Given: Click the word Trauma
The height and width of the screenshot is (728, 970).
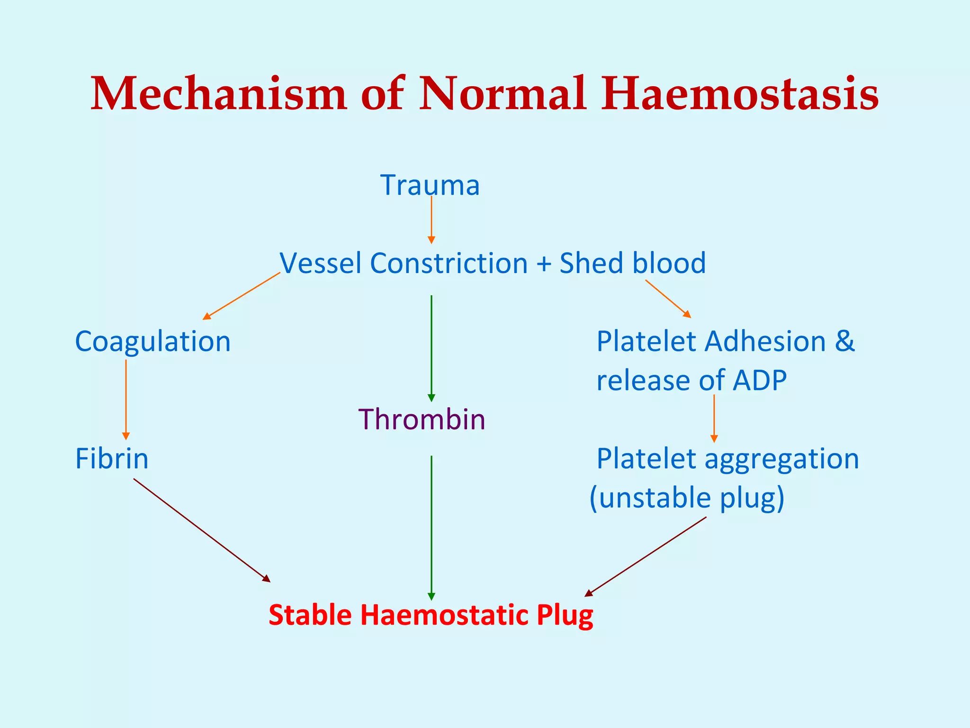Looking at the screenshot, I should pyautogui.click(x=430, y=185).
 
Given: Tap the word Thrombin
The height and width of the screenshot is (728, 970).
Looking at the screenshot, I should pyautogui.click(x=422, y=419).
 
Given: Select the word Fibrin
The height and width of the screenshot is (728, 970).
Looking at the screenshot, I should pyautogui.click(x=112, y=459).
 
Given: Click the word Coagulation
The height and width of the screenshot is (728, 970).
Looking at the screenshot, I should pyautogui.click(x=153, y=341).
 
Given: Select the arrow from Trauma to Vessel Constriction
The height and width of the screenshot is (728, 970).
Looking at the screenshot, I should pyautogui.click(x=431, y=220).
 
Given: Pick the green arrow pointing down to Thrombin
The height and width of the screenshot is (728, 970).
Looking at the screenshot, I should pyautogui.click(x=431, y=348).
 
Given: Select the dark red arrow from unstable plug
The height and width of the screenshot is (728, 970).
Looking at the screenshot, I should pyautogui.click(x=646, y=556).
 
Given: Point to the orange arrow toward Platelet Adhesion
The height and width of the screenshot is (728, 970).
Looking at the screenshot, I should pyautogui.click(x=668, y=299).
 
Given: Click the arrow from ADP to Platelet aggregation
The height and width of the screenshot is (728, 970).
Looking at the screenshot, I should pyautogui.click(x=714, y=419).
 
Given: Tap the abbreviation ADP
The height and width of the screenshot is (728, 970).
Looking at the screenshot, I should pyautogui.click(x=760, y=380).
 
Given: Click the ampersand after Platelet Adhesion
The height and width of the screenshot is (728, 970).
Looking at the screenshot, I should pyautogui.click(x=844, y=341).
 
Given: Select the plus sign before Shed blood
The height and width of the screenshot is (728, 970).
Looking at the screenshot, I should pyautogui.click(x=544, y=264).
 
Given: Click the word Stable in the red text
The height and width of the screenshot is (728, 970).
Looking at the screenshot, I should pyautogui.click(x=310, y=615).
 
